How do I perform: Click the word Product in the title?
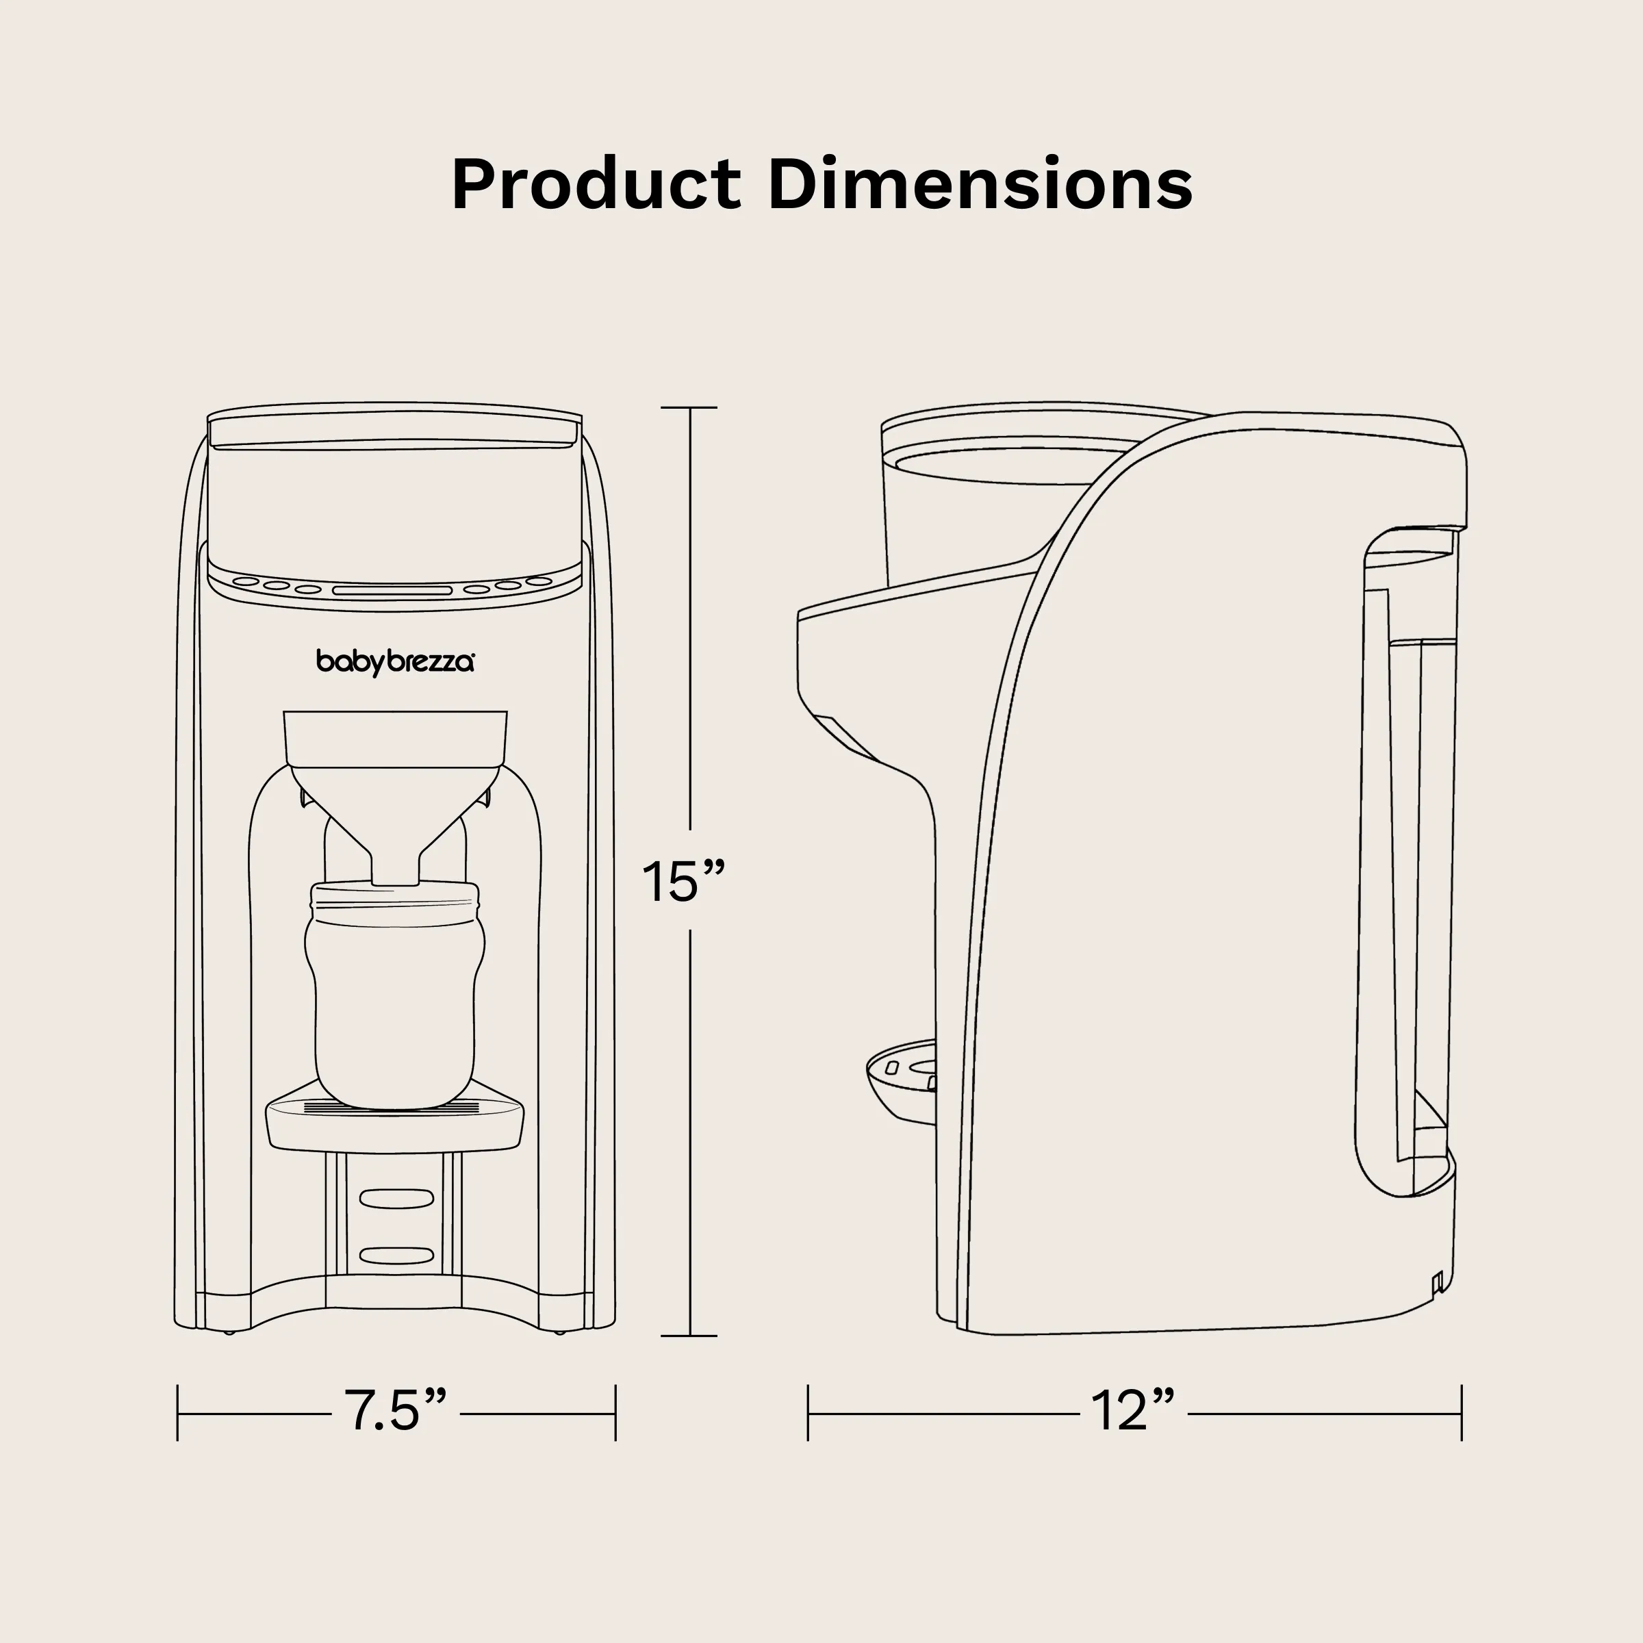click(x=596, y=185)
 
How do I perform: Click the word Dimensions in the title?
click(x=980, y=185)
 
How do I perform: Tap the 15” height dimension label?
click(x=684, y=882)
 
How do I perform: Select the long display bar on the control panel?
click(x=392, y=590)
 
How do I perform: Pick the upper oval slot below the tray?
click(x=396, y=1198)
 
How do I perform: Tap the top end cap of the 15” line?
click(x=689, y=408)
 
